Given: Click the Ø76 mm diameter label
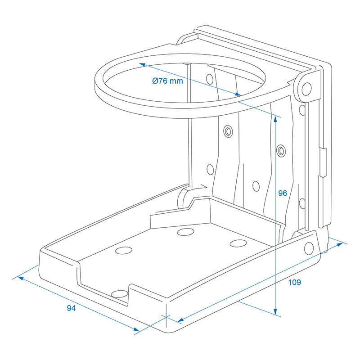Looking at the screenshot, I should pyautogui.click(x=167, y=81).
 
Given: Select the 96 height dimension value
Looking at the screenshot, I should pyautogui.click(x=282, y=193).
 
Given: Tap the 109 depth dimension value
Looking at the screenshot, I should pyautogui.click(x=294, y=283).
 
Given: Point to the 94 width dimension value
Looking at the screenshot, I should pyautogui.click(x=71, y=308).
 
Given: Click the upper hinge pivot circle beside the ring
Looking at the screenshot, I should pyautogui.click(x=306, y=88).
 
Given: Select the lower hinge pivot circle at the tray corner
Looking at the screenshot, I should pyautogui.click(x=309, y=247).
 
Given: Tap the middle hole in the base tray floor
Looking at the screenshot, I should pyautogui.click(x=185, y=232).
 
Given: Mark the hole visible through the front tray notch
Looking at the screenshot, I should pyautogui.click(x=119, y=294).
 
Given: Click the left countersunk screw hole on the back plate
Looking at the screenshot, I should pyautogui.click(x=228, y=131).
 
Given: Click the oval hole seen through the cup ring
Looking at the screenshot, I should pyautogui.click(x=210, y=79).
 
